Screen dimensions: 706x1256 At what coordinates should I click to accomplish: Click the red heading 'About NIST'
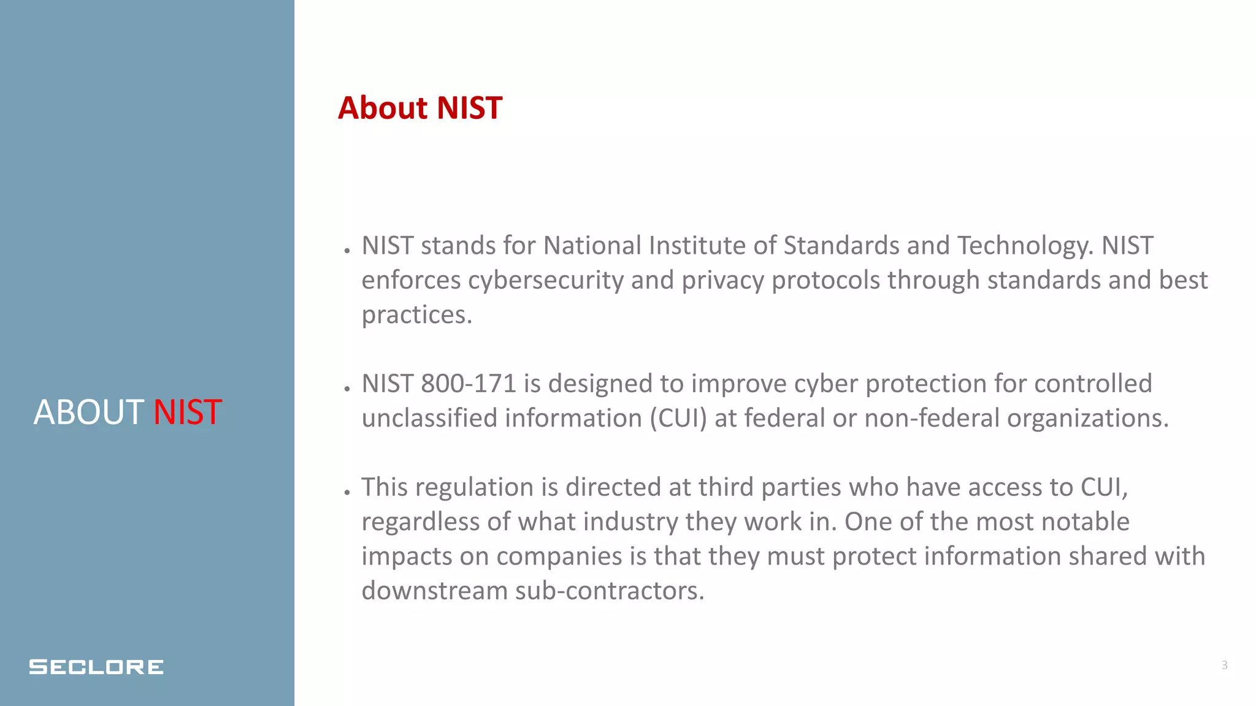point(420,108)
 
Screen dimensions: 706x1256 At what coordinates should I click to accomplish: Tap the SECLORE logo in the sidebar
point(96,667)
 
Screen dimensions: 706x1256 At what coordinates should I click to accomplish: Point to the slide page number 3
point(1224,665)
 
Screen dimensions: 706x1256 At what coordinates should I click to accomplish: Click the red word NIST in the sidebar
point(187,412)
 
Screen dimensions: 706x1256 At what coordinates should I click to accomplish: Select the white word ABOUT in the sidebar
point(88,412)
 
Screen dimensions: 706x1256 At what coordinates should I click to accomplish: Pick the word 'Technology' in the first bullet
point(1024,246)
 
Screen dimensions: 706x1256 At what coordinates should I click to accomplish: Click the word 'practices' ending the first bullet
point(415,315)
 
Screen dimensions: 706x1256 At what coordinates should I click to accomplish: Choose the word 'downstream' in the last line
point(434,591)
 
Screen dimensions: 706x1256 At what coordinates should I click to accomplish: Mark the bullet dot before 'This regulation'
point(347,492)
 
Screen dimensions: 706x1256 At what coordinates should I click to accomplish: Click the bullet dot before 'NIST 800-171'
point(347,388)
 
